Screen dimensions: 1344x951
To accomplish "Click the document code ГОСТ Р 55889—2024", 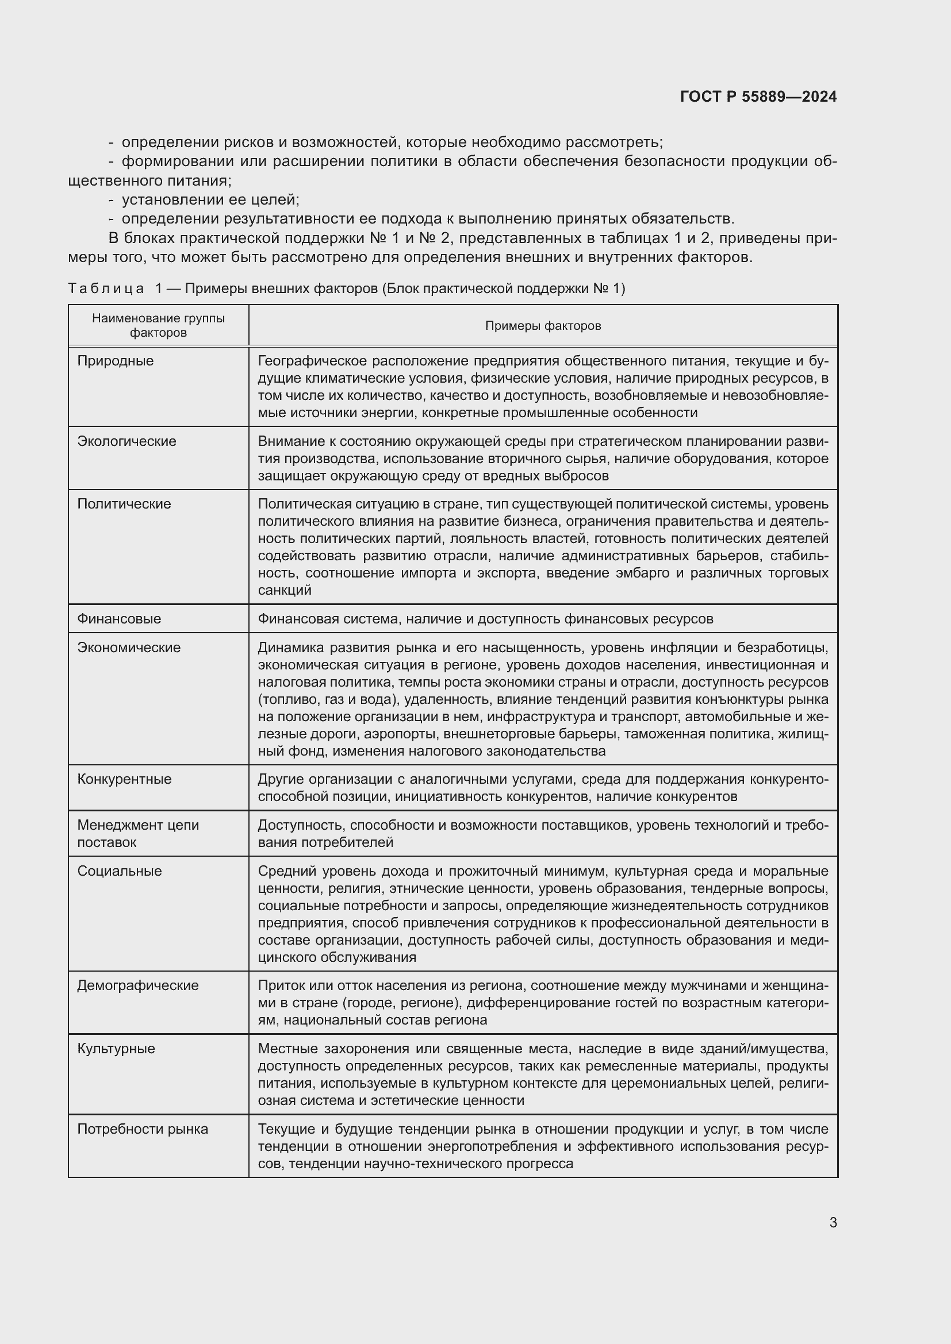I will coord(758,97).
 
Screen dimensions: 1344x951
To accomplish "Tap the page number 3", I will coord(833,1222).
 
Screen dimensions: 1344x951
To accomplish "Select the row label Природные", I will coord(116,361).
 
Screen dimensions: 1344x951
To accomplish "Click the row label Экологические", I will coord(126,441).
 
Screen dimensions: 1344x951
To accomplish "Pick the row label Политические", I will coord(124,503).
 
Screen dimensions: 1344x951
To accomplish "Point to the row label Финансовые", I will coord(119,619).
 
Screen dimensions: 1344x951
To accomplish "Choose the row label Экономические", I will coord(129,648).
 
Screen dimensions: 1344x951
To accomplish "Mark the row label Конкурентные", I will coord(124,779).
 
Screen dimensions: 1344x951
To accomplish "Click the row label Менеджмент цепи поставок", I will coord(138,834).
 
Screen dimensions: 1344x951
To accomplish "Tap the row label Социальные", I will coord(120,871).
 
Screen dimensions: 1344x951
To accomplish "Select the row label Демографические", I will coord(137,985).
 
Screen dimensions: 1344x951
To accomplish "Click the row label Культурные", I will coord(116,1048).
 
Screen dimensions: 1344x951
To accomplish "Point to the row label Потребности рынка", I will coord(142,1129).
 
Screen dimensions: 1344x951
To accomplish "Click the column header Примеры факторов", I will coord(543,325).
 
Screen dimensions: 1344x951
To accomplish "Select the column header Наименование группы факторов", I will coord(158,325).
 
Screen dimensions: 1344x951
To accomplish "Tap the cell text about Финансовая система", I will coord(485,619).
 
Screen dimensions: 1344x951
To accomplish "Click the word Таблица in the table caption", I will coord(106,288).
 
